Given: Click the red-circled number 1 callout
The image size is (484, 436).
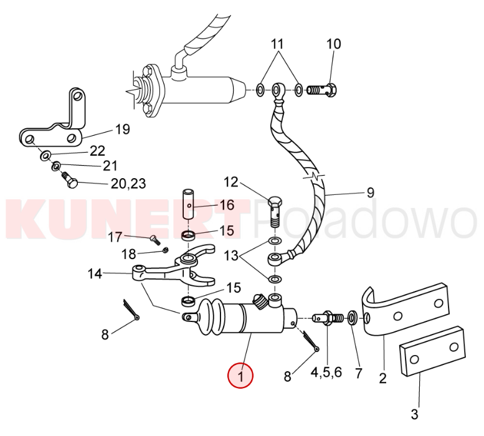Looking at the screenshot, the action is [240, 376].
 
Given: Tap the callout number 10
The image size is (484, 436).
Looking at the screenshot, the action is [334, 44].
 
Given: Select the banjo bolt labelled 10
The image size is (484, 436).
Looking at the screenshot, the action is [322, 90].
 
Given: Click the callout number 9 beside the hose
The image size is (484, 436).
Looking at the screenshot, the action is [371, 192].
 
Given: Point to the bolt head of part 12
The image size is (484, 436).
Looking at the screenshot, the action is [275, 202].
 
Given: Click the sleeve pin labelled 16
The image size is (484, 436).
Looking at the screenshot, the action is [188, 204].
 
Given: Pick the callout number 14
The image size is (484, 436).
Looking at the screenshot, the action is [95, 273].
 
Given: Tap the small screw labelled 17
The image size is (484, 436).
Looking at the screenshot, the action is [155, 240].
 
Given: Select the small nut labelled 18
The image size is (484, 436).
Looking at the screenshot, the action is [165, 250].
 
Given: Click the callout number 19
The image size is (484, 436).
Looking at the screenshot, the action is [123, 129].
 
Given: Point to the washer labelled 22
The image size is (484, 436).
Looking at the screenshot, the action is [45, 155].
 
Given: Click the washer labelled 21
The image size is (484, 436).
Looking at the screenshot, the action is [56, 167].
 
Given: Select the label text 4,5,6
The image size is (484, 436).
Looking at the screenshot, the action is [326, 372].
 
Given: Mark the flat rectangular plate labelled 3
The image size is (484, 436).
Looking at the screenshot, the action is [432, 351].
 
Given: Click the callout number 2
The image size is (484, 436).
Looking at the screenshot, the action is [382, 378].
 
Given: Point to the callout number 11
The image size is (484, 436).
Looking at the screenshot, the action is [277, 44].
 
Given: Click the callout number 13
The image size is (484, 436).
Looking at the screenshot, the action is [230, 255].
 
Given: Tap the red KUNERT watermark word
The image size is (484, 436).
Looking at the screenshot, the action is [127, 219].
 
